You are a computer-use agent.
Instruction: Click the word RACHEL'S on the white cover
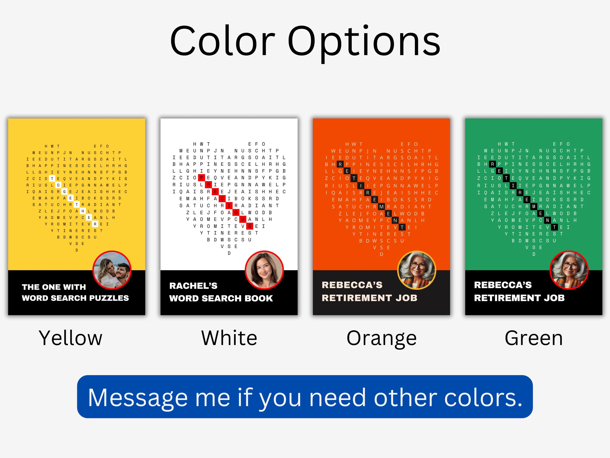point(193,286)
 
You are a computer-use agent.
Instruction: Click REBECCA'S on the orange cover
point(352,285)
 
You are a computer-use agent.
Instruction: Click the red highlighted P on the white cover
point(202,178)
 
